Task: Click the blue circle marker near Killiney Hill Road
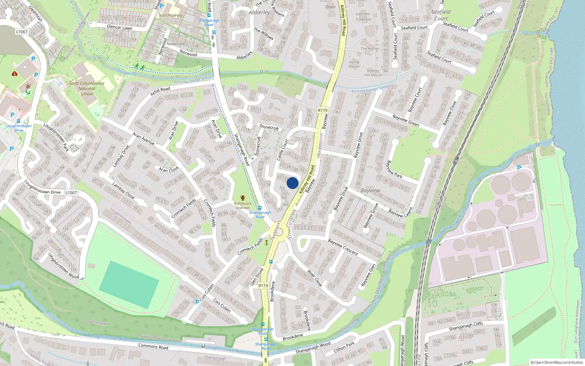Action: tap(292, 183)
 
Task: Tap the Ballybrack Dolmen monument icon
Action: tap(242, 198)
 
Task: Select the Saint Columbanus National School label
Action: tap(87, 89)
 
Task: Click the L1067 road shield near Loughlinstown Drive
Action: tap(71, 193)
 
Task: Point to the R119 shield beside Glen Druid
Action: tap(263, 285)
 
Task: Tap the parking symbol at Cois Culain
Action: tap(197, 302)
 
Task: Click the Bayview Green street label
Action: tap(405, 120)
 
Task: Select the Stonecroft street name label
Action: tap(269, 127)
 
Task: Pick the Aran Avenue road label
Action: tap(143, 138)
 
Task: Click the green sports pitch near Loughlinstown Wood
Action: tap(129, 284)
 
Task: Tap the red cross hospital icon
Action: tap(15, 74)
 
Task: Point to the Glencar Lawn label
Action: tap(120, 27)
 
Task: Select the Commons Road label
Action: tap(153, 346)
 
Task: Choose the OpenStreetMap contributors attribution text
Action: tap(557, 362)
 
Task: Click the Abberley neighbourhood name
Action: tap(259, 12)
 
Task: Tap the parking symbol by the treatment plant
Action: tap(519, 168)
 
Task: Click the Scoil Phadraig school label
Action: tap(170, 15)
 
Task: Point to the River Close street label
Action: tap(314, 278)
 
